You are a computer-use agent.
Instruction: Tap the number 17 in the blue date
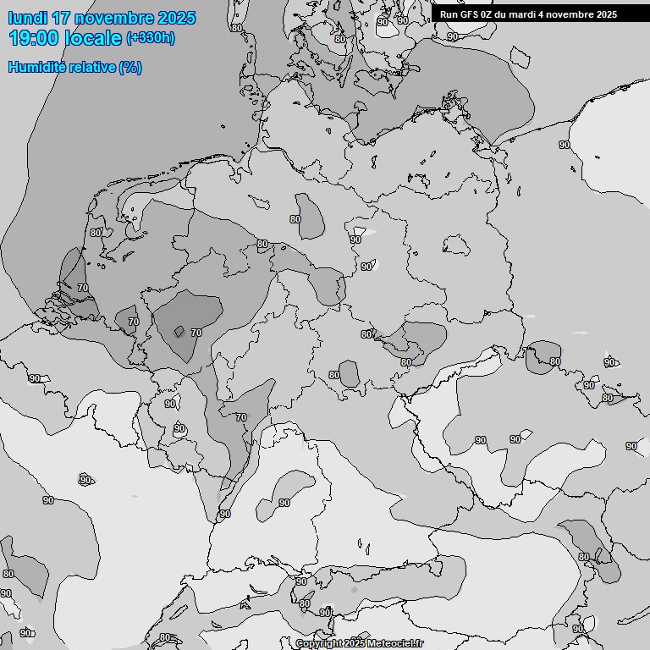(x=61, y=18)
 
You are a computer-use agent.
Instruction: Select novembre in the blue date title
(x=113, y=18)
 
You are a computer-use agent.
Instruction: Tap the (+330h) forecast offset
(x=151, y=38)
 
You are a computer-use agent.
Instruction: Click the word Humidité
(x=37, y=68)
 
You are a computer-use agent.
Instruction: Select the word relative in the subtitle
(x=92, y=68)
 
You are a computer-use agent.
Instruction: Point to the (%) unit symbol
(x=130, y=68)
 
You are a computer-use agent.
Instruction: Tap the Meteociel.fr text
(x=394, y=644)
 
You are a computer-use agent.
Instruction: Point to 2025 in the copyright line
(x=354, y=644)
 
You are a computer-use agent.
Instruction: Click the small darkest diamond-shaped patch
(x=179, y=331)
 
